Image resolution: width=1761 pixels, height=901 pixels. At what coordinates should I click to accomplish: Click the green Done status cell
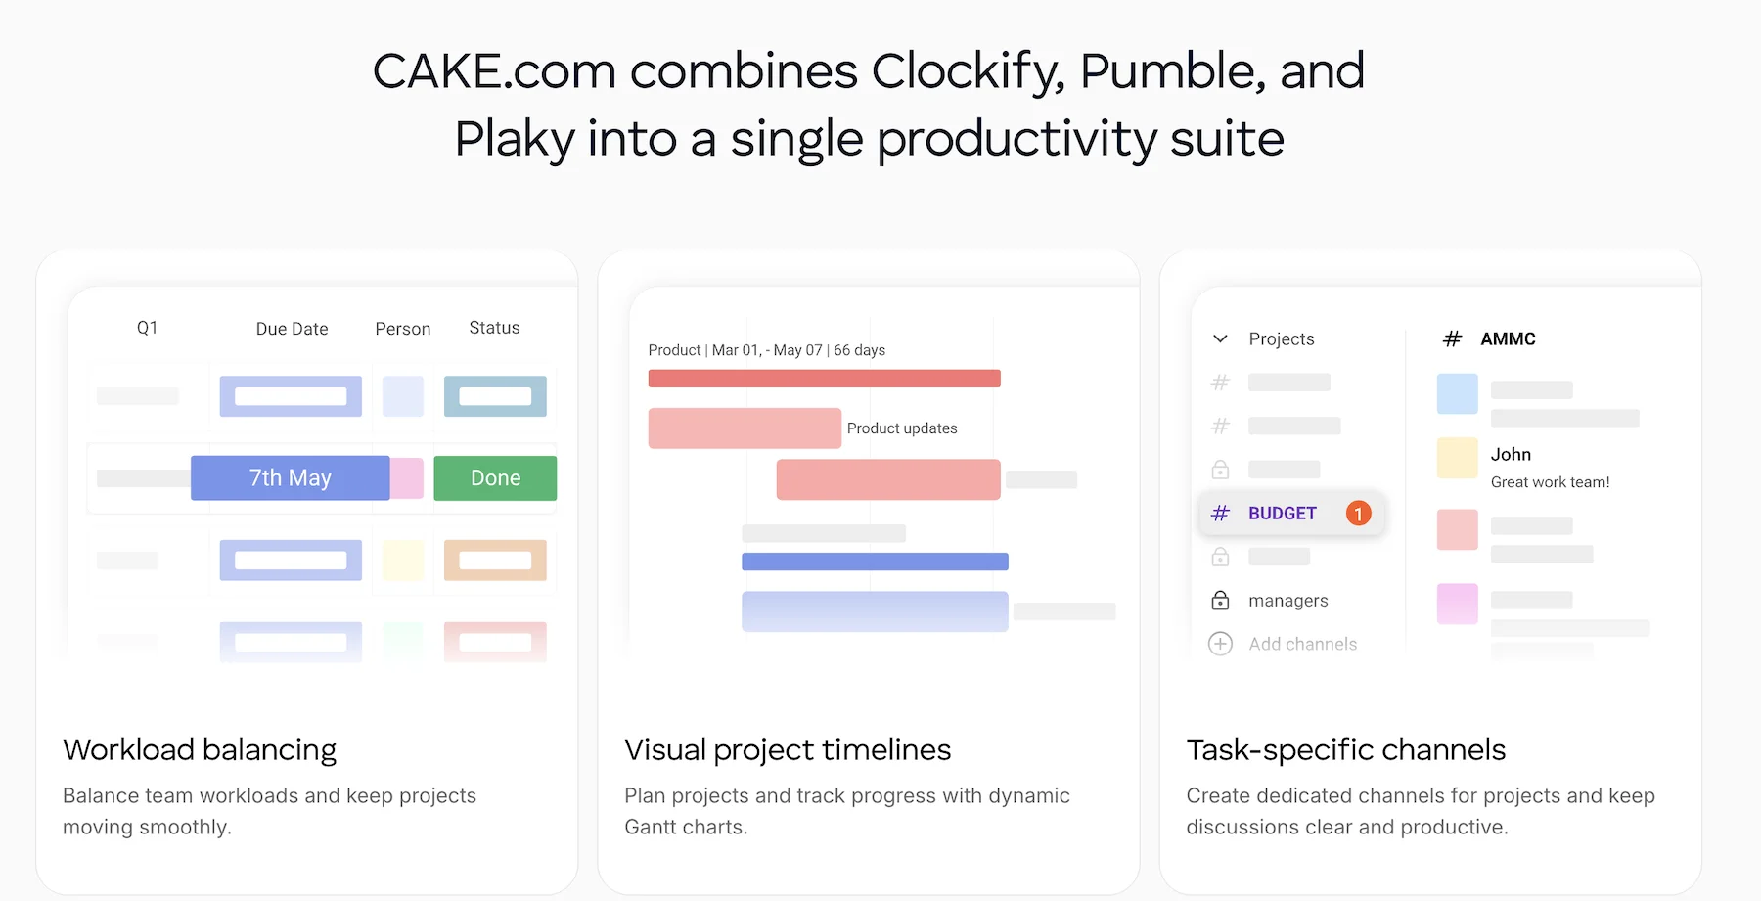pyautogui.click(x=495, y=478)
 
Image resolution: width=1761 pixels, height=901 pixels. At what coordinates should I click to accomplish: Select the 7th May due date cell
pyautogui.click(x=291, y=478)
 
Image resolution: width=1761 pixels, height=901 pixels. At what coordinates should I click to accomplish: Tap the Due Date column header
pyautogui.click(x=292, y=329)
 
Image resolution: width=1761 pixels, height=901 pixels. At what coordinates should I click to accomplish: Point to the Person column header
pyautogui.click(x=403, y=329)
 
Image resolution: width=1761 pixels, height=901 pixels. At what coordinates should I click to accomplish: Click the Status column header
pyautogui.click(x=494, y=328)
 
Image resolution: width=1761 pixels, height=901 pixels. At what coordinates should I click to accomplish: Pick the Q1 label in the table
pyautogui.click(x=147, y=328)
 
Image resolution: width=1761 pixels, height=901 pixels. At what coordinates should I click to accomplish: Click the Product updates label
pyautogui.click(x=902, y=428)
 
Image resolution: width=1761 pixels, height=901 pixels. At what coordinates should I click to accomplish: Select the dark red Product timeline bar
pyautogui.click(x=824, y=379)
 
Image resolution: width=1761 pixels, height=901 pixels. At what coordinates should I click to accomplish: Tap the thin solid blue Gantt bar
pyautogui.click(x=875, y=562)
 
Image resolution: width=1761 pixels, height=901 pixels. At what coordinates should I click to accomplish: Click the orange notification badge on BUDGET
pyautogui.click(x=1358, y=514)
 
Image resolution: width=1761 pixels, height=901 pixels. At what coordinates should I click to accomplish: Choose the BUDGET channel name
pyautogui.click(x=1283, y=514)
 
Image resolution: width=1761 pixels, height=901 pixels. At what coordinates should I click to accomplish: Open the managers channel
pyautogui.click(x=1287, y=601)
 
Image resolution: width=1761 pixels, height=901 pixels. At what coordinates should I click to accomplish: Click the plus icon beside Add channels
pyautogui.click(x=1220, y=644)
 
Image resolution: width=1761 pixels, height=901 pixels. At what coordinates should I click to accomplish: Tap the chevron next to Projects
pyautogui.click(x=1220, y=339)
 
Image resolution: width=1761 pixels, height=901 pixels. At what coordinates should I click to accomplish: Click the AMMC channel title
pyautogui.click(x=1508, y=339)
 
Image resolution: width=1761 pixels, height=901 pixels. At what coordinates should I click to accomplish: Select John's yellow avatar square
pyautogui.click(x=1457, y=458)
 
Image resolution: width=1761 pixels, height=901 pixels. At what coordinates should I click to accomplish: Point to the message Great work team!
pyautogui.click(x=1550, y=482)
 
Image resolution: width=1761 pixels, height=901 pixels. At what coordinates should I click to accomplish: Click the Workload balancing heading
pyautogui.click(x=200, y=750)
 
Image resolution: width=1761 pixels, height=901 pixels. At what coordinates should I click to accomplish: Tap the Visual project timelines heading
pyautogui.click(x=788, y=750)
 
